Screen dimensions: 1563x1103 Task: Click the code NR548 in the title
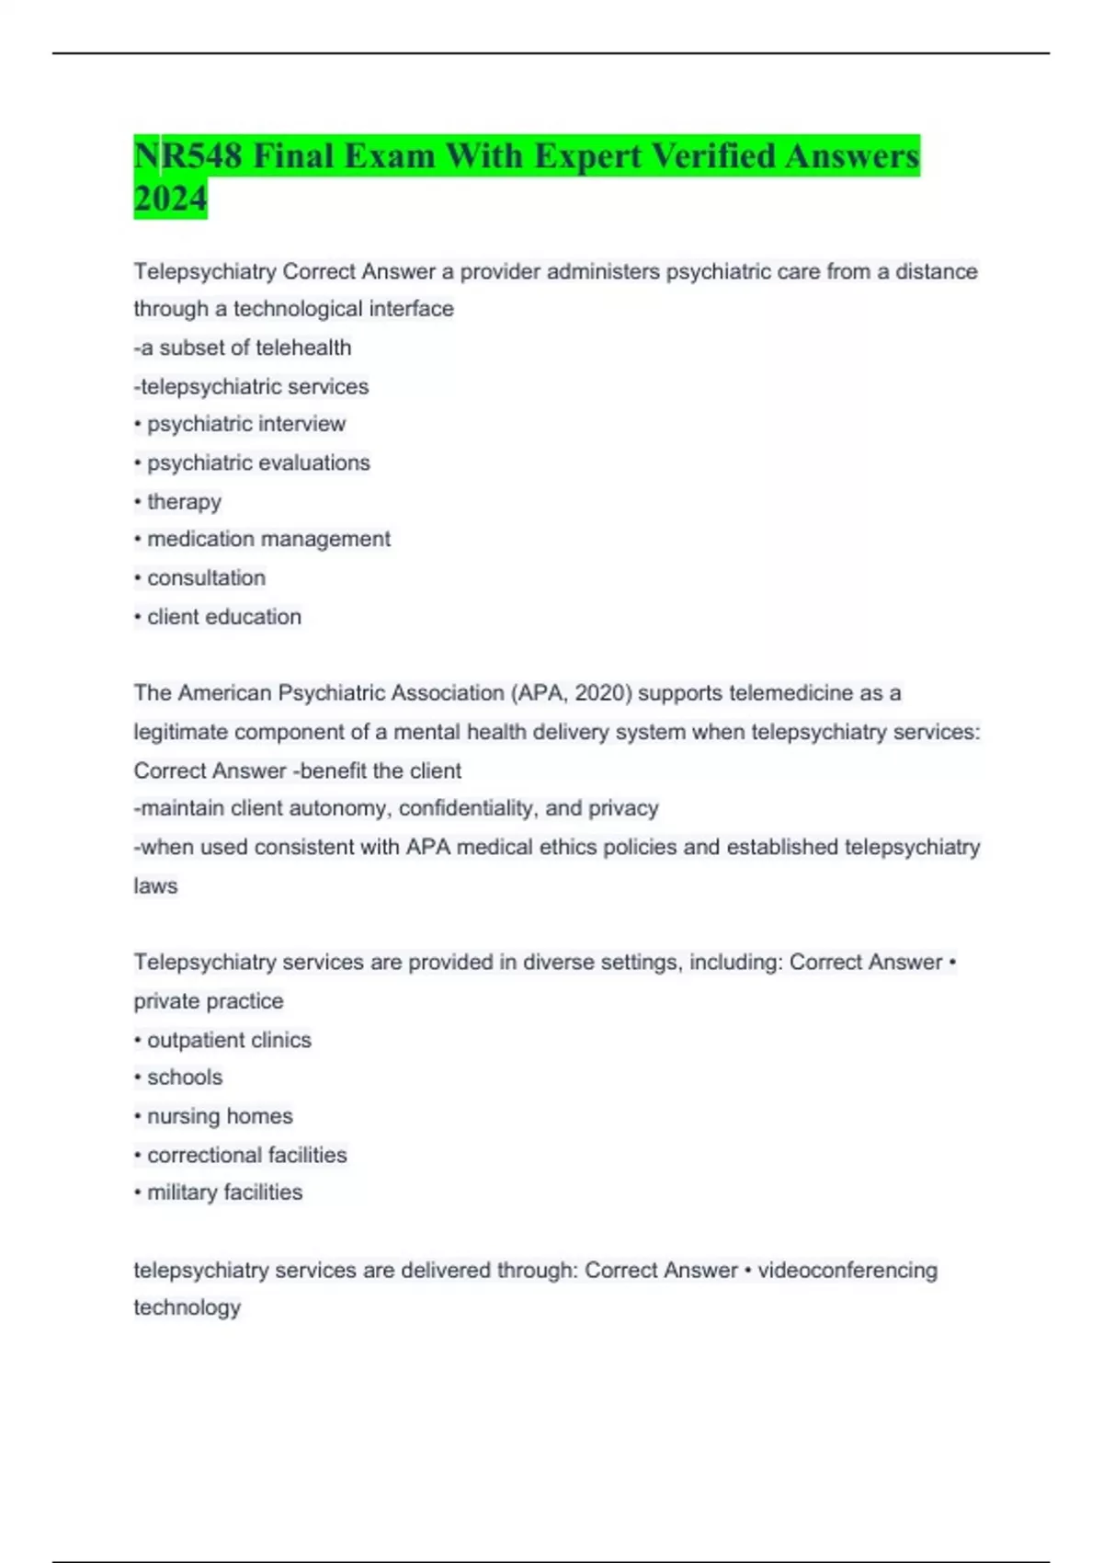coord(188,156)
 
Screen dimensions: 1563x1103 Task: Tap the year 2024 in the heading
coord(171,199)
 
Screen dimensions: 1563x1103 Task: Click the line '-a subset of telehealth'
coord(243,348)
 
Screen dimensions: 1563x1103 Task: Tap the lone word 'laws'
coord(155,886)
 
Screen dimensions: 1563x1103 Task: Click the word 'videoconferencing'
coord(847,1271)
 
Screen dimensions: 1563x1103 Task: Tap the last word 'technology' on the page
coord(188,1307)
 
